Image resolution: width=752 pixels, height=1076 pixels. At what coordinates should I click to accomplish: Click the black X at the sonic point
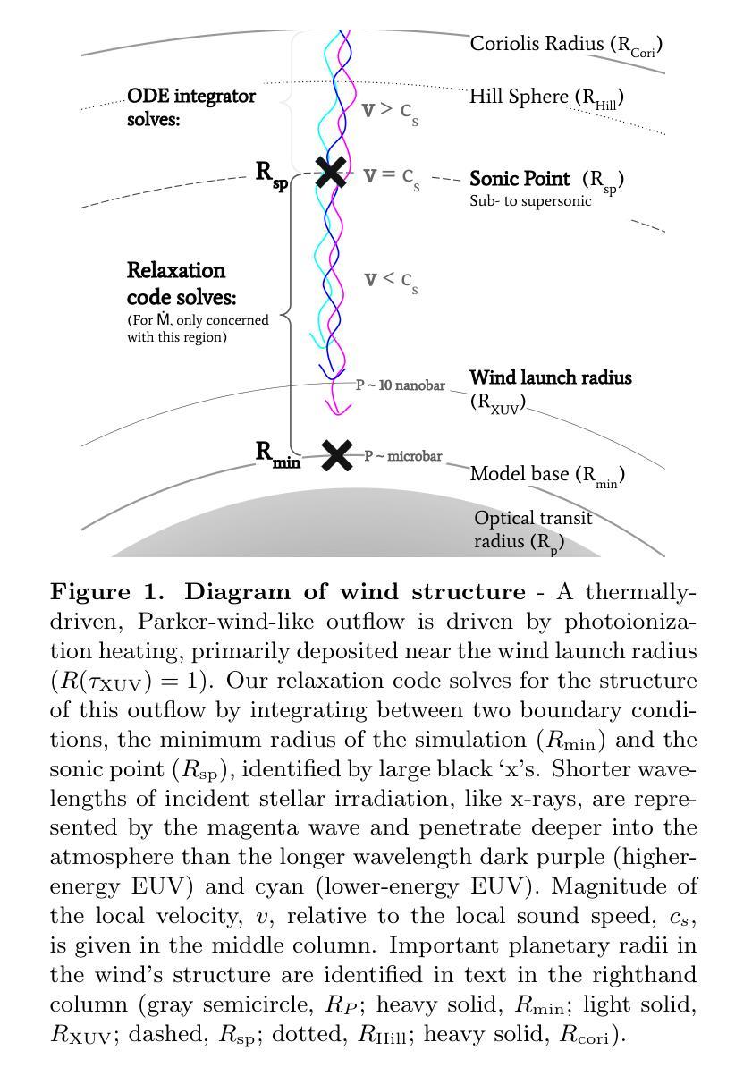pyautogui.click(x=332, y=172)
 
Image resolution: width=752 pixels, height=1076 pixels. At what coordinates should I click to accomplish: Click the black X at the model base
pyautogui.click(x=336, y=455)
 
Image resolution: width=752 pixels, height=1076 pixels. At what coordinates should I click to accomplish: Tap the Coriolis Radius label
pyautogui.click(x=566, y=44)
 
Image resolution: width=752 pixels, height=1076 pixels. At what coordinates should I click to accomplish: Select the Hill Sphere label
pyautogui.click(x=545, y=97)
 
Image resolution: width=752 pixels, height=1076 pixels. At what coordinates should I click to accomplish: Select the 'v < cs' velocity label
pyautogui.click(x=391, y=280)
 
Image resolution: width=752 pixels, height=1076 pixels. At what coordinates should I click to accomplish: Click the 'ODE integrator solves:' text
pyautogui.click(x=190, y=106)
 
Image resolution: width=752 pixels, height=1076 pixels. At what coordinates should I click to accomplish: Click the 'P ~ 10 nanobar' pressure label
pyautogui.click(x=400, y=385)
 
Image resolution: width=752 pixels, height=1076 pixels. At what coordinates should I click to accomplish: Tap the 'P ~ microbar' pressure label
pyautogui.click(x=403, y=456)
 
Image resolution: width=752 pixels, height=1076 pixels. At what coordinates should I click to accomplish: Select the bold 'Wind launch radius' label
pyautogui.click(x=551, y=377)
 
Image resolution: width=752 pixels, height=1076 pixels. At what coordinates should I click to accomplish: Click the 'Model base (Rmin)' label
pyautogui.click(x=546, y=474)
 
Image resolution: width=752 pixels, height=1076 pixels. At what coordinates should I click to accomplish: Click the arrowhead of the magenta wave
pyautogui.click(x=335, y=409)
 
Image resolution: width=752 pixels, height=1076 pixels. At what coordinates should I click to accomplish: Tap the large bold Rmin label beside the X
pyautogui.click(x=277, y=453)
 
